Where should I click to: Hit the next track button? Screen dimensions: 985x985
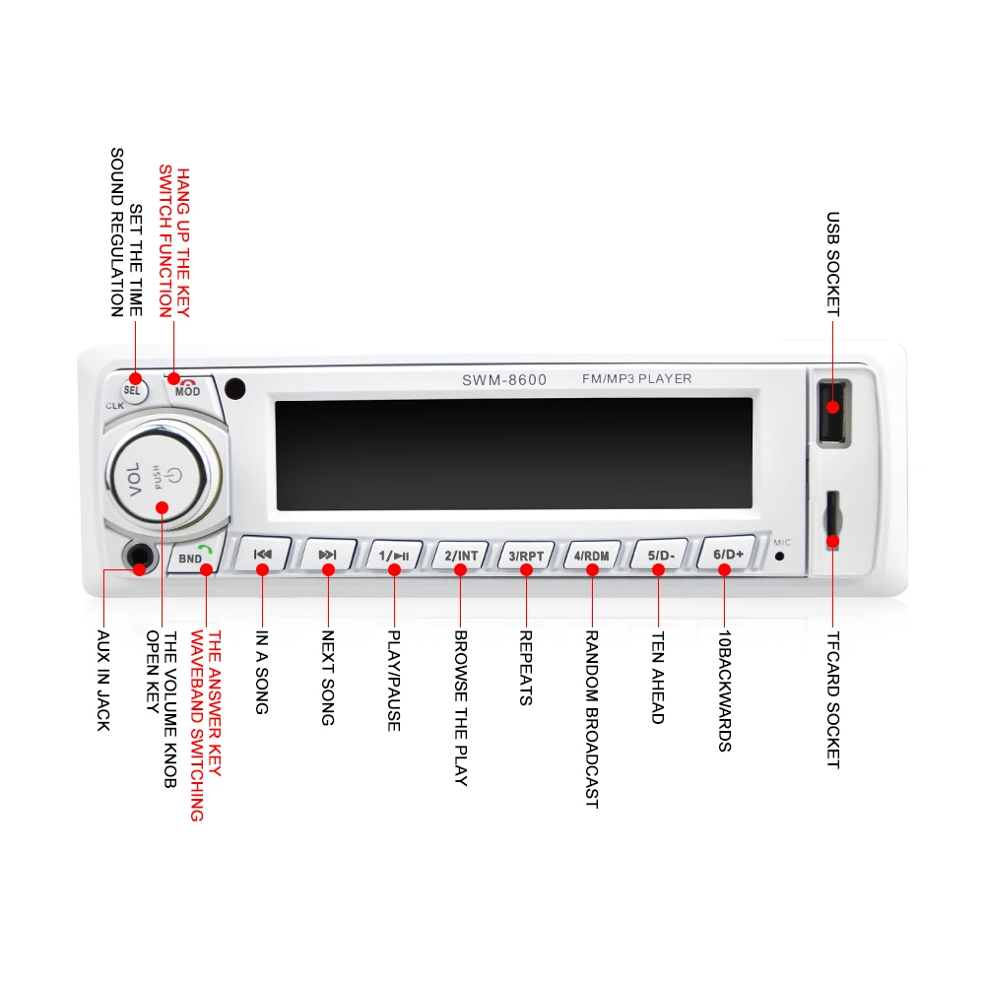(327, 555)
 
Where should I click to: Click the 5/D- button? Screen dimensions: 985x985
(659, 555)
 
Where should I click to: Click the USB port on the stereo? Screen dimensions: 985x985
(833, 412)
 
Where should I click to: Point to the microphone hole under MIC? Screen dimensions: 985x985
(779, 556)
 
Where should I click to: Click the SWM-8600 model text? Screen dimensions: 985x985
(504, 380)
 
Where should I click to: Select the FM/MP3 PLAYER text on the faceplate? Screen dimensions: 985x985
(637, 379)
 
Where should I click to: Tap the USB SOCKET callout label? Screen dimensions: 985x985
(833, 264)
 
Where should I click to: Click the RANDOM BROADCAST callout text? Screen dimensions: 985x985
(592, 719)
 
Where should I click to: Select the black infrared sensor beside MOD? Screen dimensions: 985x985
(235, 389)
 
